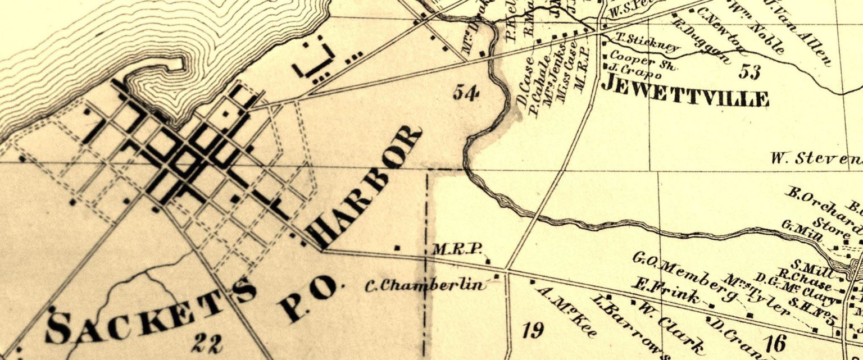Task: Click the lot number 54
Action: pos(466,92)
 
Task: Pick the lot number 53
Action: pos(749,72)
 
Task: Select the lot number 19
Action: pos(533,330)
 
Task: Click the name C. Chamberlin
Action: pos(425,285)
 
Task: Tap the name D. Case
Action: pos(525,88)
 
